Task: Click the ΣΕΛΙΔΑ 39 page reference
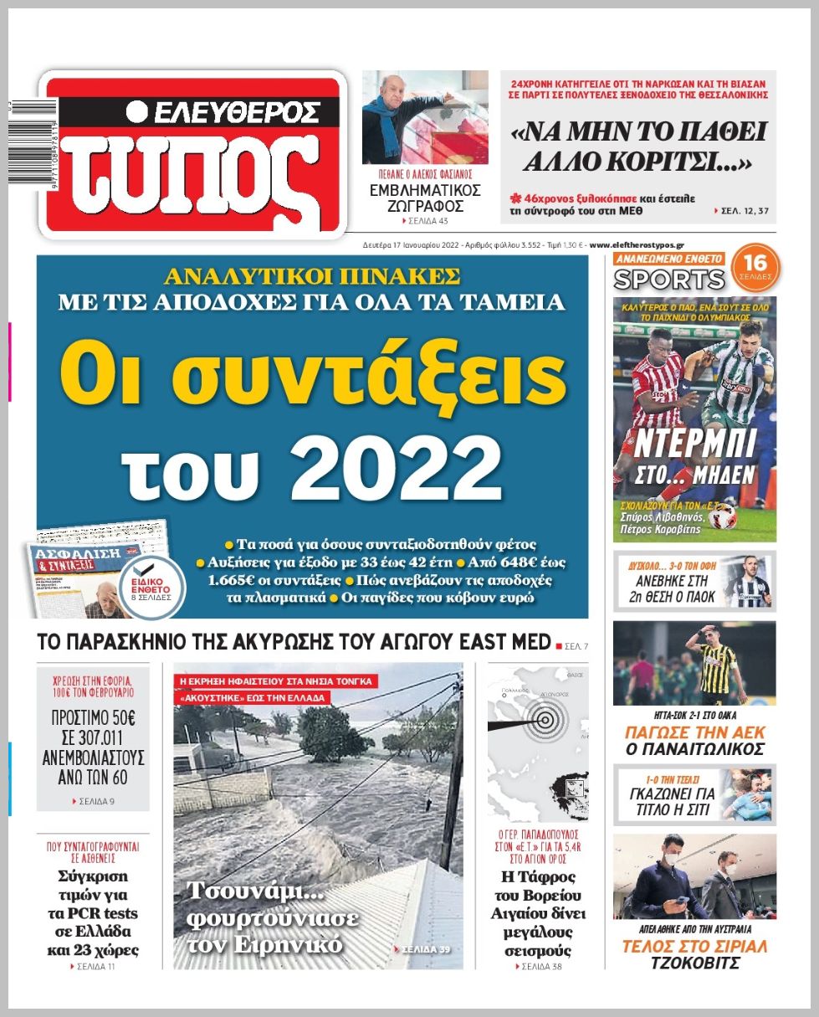point(426,949)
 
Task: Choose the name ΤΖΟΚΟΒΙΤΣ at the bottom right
point(694,963)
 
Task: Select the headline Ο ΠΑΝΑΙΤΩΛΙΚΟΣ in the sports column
point(694,748)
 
